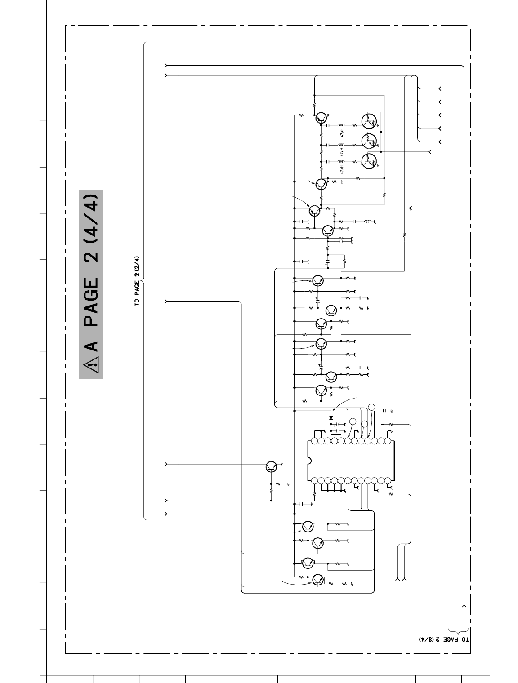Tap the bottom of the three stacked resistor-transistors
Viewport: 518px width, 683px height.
[368, 161]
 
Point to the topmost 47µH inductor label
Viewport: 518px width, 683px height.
[342, 133]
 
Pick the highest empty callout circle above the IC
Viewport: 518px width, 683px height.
[371, 407]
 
